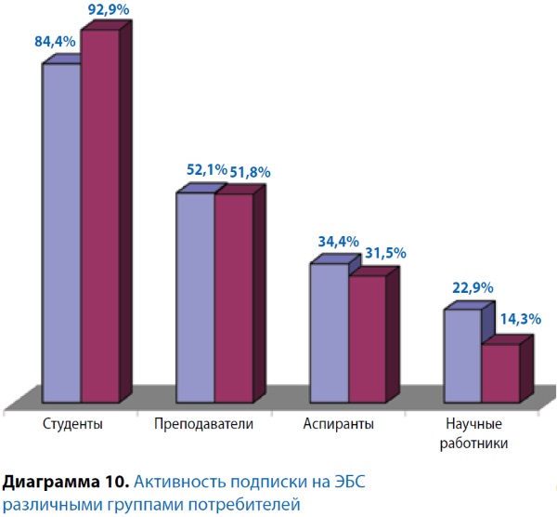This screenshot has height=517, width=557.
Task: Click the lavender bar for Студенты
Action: [60, 232]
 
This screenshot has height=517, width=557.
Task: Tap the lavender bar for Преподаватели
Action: [195, 298]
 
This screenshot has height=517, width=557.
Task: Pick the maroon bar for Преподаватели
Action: [234, 298]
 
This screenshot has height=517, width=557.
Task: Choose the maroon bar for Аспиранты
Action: [368, 338]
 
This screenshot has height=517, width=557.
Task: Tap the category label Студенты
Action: [73, 424]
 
